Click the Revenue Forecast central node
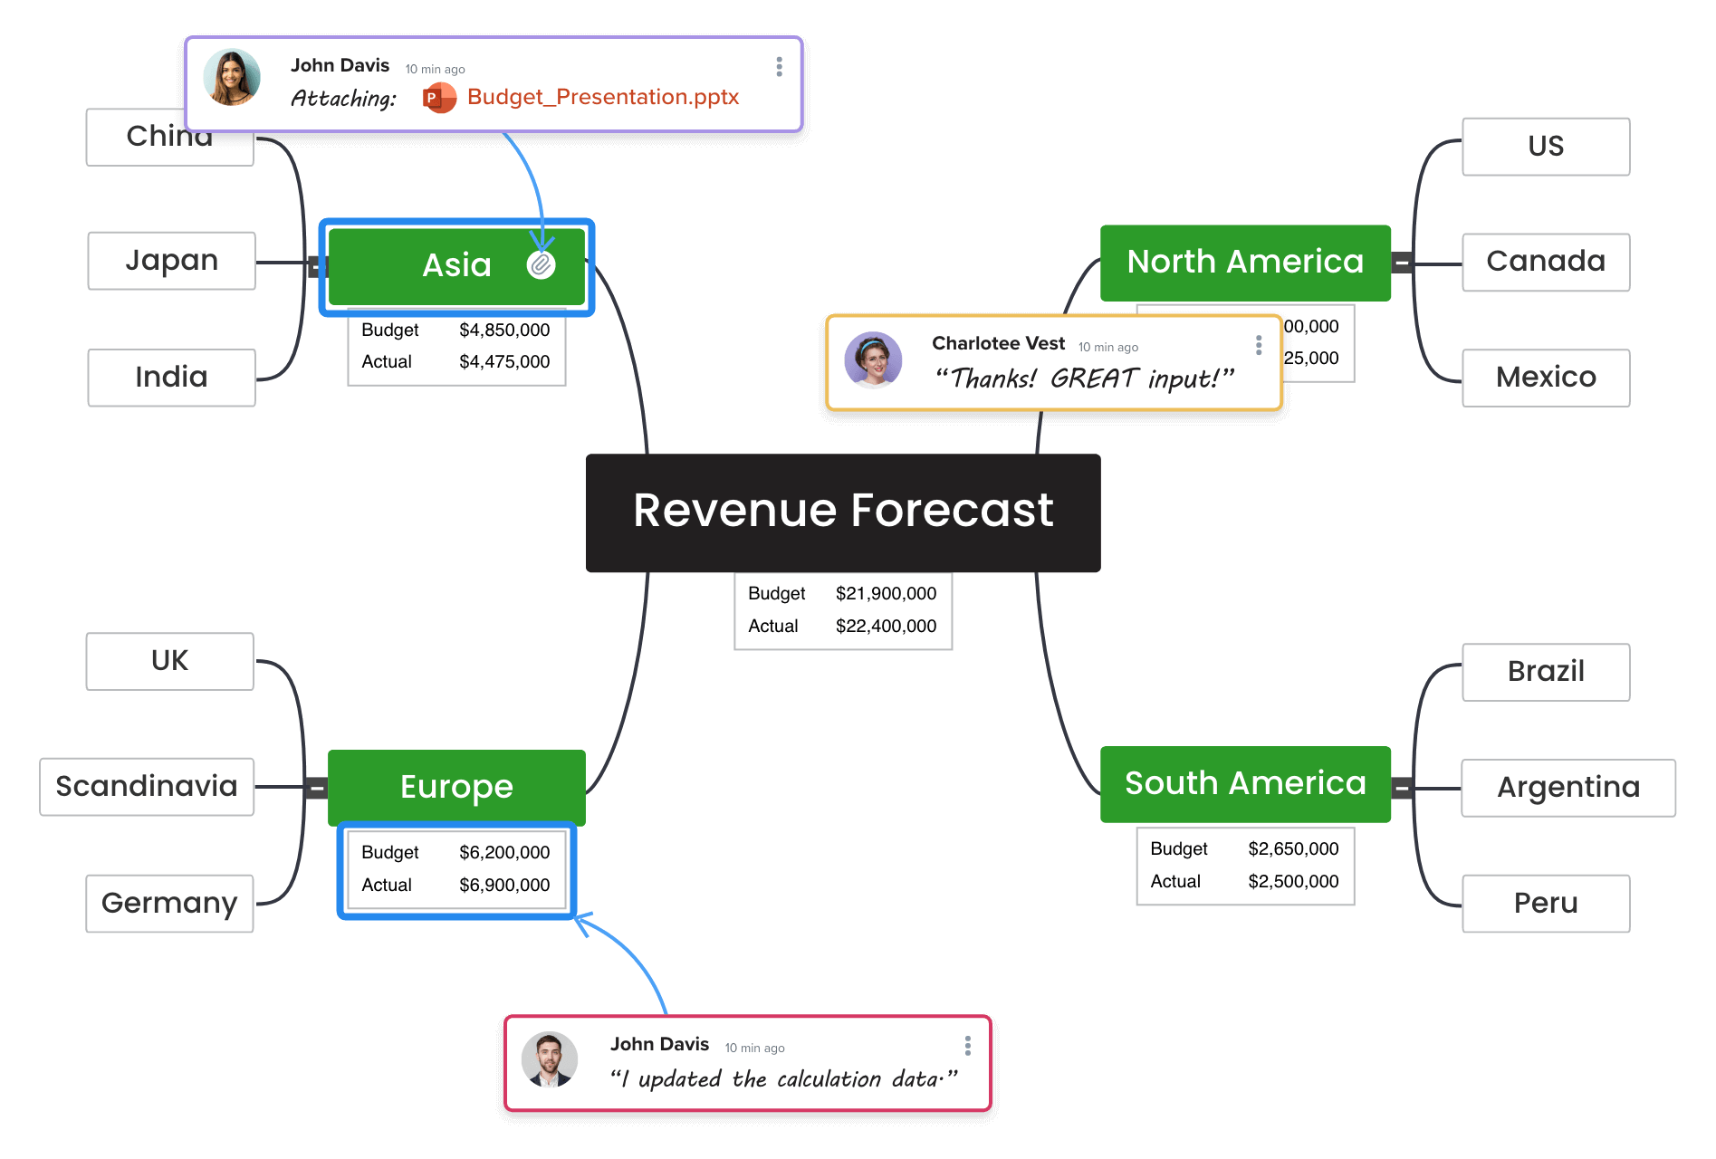pyautogui.click(x=843, y=512)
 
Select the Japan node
pyautogui.click(x=171, y=261)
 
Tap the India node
pyautogui.click(x=171, y=377)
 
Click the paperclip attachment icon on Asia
pyautogui.click(x=542, y=264)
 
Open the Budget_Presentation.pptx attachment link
pyautogui.click(x=602, y=97)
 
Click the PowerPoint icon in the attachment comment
pyautogui.click(x=439, y=98)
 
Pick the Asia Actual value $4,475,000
pyautogui.click(x=504, y=361)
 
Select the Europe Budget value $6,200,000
pyautogui.click(x=504, y=852)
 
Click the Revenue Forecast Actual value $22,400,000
pyautogui.click(x=886, y=626)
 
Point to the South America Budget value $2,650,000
pyautogui.click(x=1293, y=848)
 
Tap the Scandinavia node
pyautogui.click(x=147, y=786)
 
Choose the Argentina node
pyautogui.click(x=1567, y=787)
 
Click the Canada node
pyautogui.click(x=1545, y=262)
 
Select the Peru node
pyautogui.click(x=1545, y=903)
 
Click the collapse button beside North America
pyautogui.click(x=1402, y=263)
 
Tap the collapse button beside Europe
pyautogui.click(x=317, y=788)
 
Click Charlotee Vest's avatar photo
pyautogui.click(x=873, y=360)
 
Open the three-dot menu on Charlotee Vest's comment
pyautogui.click(x=1259, y=345)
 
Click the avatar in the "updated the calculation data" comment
pyautogui.click(x=550, y=1059)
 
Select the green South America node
pyautogui.click(x=1245, y=784)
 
